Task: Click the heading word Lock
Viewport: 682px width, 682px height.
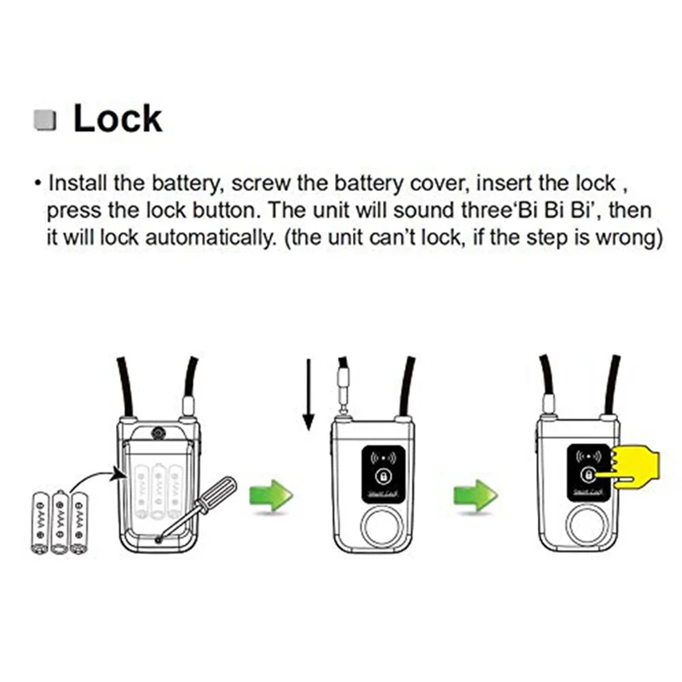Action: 117,118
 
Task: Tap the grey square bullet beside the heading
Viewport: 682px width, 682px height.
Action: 45,120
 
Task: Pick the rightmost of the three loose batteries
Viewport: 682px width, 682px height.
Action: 79,522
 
